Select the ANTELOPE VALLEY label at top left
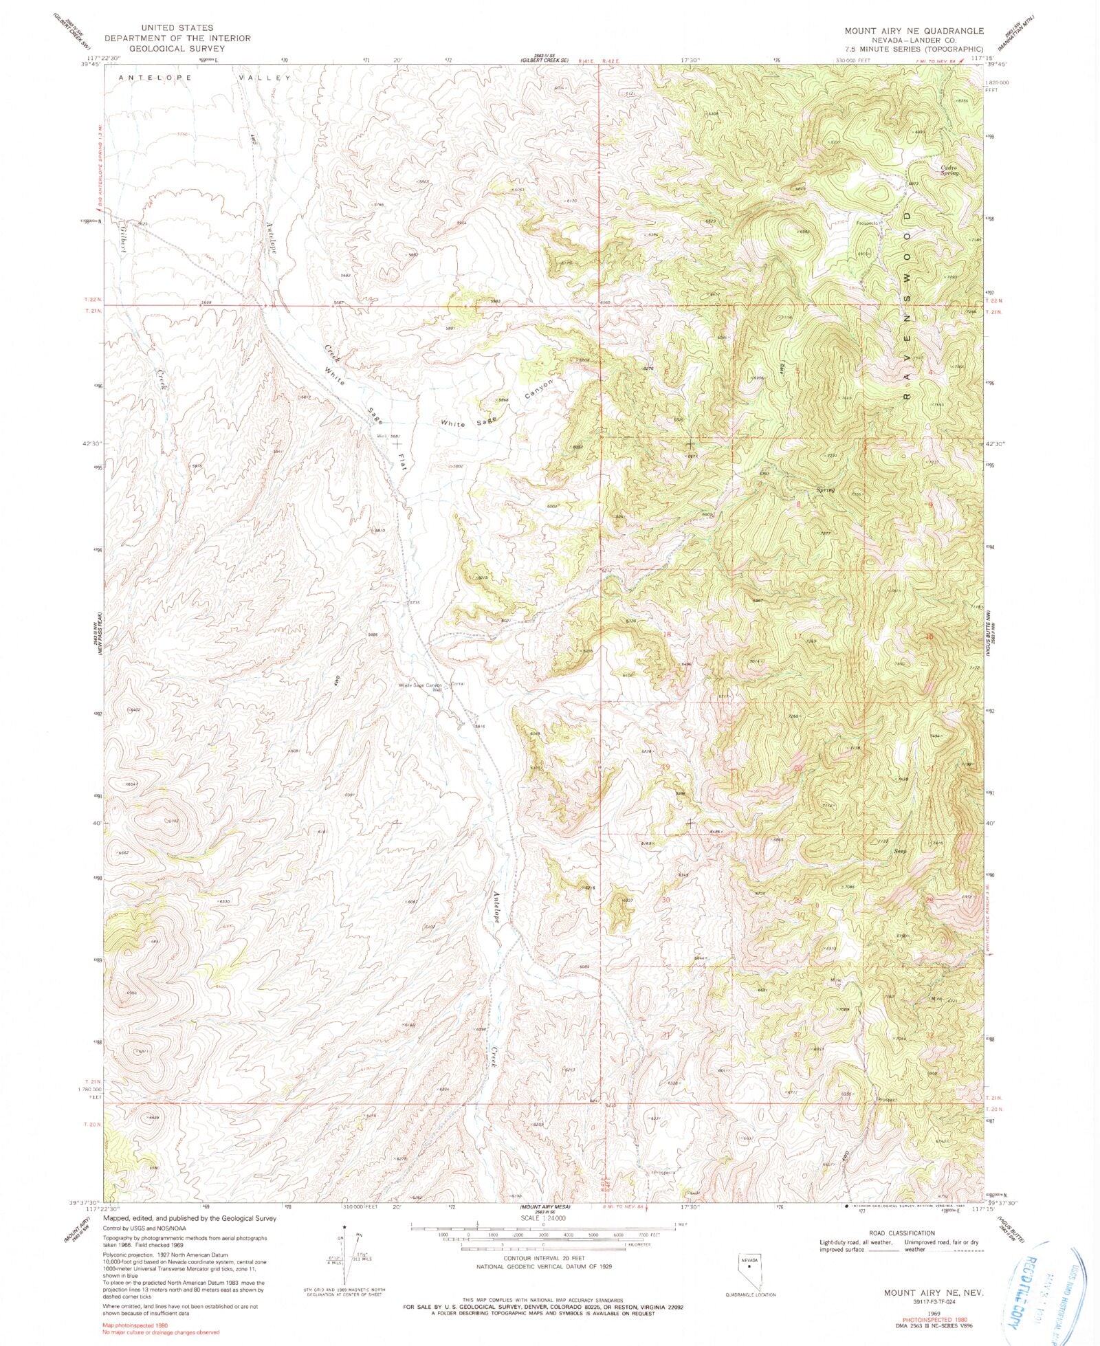point(204,78)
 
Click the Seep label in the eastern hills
point(900,851)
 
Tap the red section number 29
point(798,900)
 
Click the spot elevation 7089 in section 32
point(845,1009)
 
